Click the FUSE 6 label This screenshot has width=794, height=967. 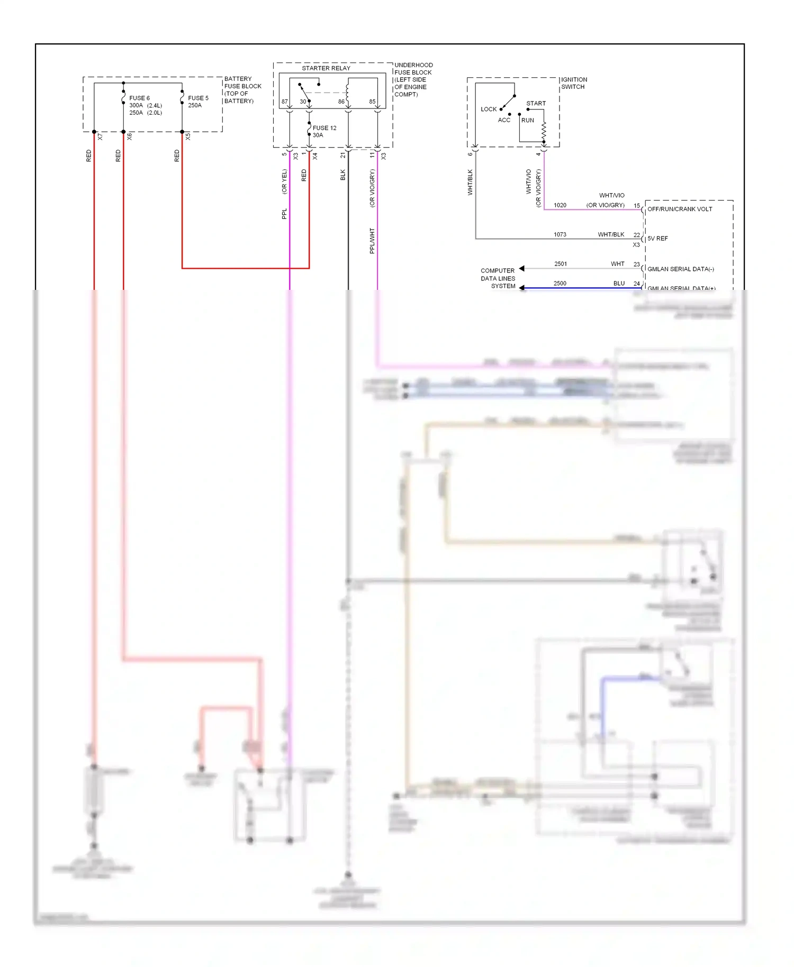(139, 98)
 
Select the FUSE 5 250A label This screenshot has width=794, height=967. (198, 102)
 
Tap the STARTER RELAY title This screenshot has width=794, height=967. (326, 68)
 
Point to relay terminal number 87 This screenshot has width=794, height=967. (285, 102)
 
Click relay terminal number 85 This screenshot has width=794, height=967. (372, 102)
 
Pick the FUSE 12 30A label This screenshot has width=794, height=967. (324, 131)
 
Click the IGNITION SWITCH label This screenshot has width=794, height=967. (574, 83)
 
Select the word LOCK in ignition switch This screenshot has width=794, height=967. (489, 110)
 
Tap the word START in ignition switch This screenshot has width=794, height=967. (536, 104)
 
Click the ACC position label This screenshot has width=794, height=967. (504, 120)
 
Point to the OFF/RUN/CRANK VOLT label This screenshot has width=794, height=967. (680, 209)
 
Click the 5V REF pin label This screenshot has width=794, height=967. (657, 239)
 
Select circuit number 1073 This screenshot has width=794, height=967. (560, 234)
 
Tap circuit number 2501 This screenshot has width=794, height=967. (561, 263)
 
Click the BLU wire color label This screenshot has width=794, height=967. (619, 284)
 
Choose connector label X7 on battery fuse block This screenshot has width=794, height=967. (100, 136)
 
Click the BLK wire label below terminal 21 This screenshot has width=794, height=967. (342, 175)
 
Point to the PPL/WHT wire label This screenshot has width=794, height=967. (372, 241)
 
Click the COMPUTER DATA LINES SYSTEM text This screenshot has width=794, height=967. (498, 278)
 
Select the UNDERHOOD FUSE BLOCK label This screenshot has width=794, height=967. (413, 79)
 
